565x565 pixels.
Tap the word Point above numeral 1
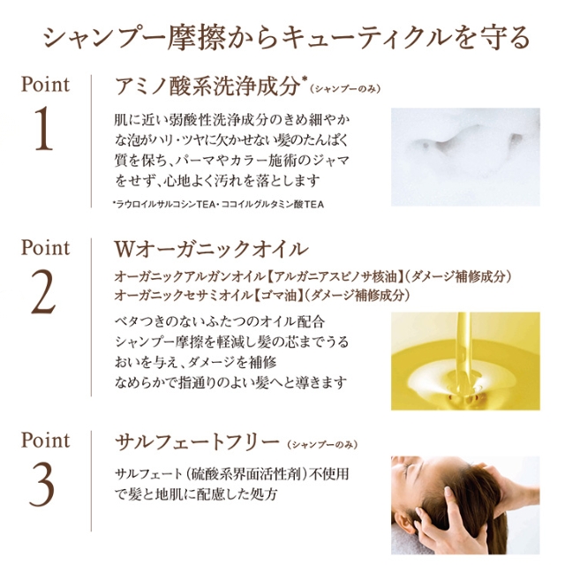coord(44,86)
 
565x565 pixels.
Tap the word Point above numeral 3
coord(44,439)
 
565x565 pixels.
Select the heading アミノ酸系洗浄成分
coord(208,86)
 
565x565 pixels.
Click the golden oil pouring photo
coord(465,360)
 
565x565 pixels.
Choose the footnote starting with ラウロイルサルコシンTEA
coord(220,204)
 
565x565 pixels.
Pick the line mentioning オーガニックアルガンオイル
coord(313,276)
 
